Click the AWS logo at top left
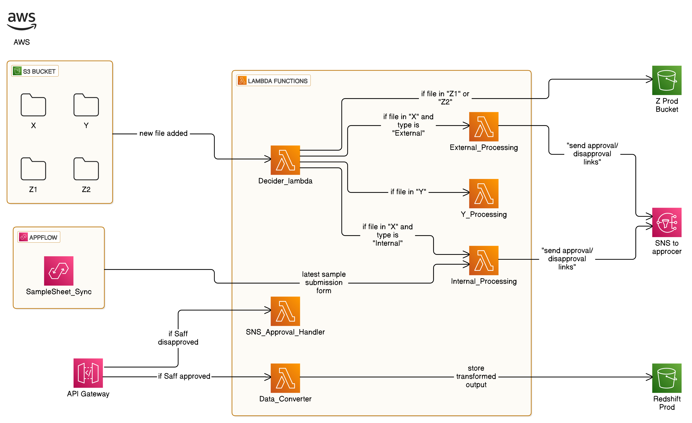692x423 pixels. [x=22, y=21]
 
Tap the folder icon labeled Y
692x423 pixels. [x=86, y=105]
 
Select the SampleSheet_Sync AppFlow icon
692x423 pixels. [x=59, y=271]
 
